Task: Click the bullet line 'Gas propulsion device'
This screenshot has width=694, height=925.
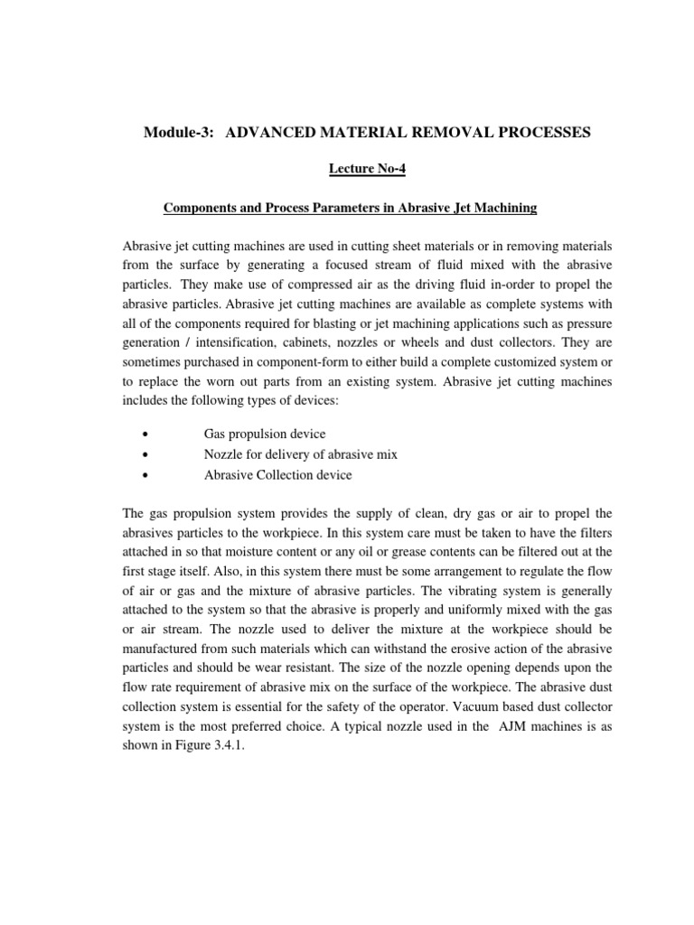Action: (265, 434)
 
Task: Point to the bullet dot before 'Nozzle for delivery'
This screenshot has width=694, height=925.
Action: (145, 454)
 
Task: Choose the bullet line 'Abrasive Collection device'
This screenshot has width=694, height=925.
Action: (278, 474)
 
